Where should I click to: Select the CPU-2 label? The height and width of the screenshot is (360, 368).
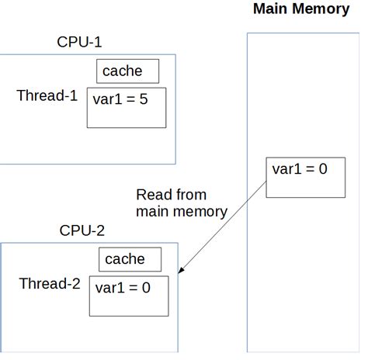(x=83, y=230)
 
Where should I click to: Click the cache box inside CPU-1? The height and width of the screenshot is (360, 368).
(x=127, y=71)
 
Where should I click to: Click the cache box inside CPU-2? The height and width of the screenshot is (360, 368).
(x=130, y=259)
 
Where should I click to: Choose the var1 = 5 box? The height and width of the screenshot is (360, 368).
(x=127, y=108)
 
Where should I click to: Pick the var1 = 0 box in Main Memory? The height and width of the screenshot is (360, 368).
(x=304, y=178)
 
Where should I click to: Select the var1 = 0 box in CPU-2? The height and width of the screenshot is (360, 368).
(x=129, y=296)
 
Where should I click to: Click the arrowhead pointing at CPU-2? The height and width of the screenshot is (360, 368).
(x=182, y=270)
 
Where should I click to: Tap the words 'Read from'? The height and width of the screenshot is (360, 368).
(x=171, y=195)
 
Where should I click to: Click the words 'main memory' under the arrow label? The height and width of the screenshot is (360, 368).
(x=182, y=211)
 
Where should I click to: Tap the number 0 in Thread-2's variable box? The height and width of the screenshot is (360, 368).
(x=145, y=288)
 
